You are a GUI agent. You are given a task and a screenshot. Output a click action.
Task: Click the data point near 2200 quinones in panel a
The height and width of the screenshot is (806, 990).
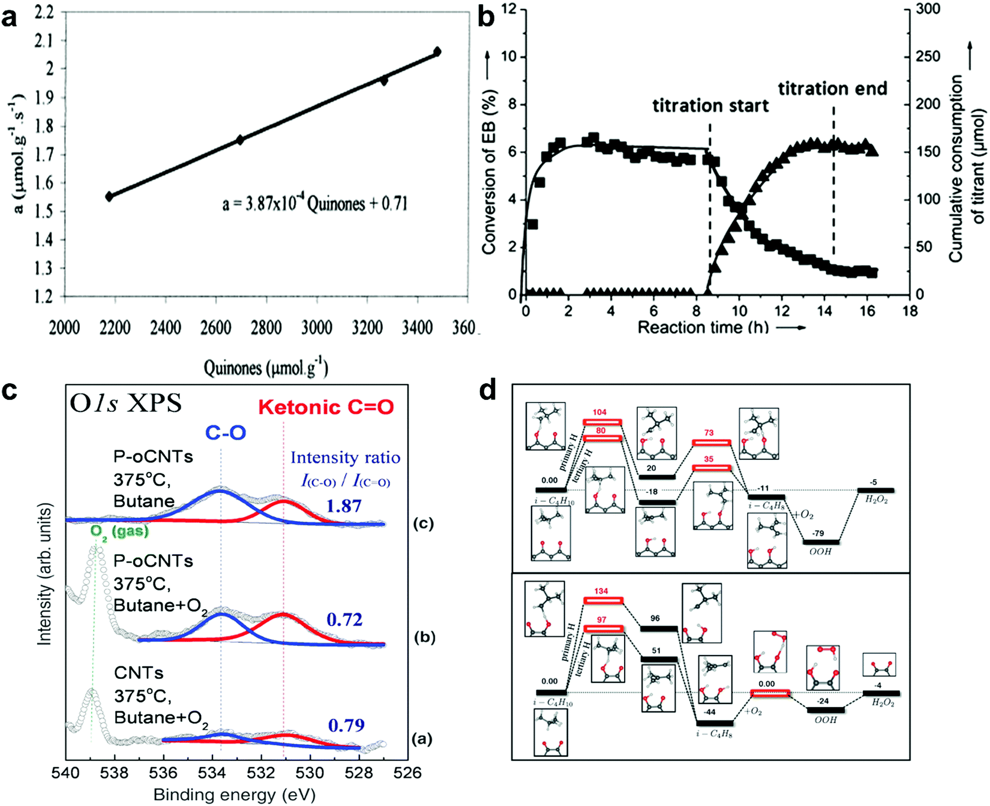coord(109,196)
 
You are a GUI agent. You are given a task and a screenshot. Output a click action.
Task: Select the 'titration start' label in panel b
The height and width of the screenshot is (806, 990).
coord(710,106)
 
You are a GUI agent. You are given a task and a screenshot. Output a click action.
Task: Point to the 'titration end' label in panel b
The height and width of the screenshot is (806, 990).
coord(832,89)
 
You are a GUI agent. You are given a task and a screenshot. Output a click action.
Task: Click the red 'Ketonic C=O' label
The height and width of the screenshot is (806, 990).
coord(326,408)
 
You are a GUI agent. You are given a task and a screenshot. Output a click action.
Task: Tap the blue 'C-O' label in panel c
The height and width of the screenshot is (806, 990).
coord(225,433)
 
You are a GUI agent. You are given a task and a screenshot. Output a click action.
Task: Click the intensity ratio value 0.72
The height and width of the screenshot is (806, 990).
coord(344,619)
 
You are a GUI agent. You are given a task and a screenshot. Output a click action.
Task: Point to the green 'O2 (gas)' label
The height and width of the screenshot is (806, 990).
coord(120,531)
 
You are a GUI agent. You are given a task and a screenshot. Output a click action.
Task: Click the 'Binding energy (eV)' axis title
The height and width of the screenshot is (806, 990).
coord(234,795)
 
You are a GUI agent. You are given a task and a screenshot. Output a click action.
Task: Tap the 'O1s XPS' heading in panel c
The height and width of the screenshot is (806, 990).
coord(125,404)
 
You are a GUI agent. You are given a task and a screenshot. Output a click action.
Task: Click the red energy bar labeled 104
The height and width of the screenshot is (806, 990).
coord(602,422)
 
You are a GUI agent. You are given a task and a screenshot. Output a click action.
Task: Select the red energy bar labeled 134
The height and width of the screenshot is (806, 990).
coord(603,600)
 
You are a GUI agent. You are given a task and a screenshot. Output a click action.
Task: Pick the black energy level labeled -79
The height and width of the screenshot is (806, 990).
coord(821,542)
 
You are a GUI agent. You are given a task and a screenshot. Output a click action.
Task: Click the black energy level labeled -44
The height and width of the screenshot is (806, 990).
coord(714,723)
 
